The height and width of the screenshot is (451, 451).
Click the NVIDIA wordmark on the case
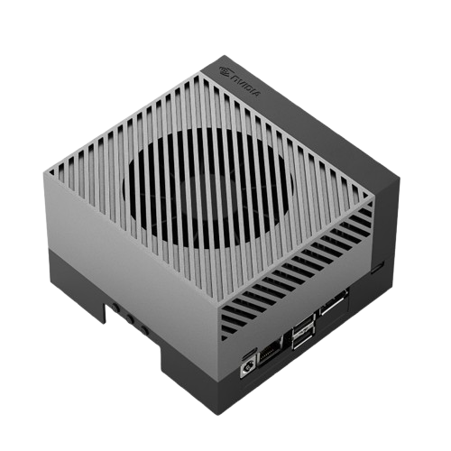coord(245,86)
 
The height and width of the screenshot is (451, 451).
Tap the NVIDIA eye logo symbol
coord(225,70)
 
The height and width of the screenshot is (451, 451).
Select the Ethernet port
coord(270,353)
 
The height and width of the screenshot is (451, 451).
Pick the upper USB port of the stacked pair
coord(303,326)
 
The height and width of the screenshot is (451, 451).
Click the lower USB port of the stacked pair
coord(304,340)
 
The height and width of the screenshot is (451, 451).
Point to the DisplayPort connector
coord(334,302)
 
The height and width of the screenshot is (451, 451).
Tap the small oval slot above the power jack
coord(249,353)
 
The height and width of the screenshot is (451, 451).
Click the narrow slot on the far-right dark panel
coord(378,266)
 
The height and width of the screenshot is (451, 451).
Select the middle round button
coord(130,318)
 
